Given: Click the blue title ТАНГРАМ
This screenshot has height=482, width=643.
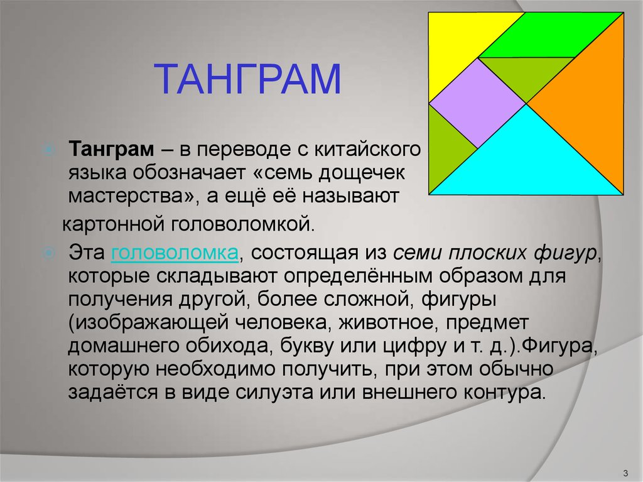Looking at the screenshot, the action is pos(247,79).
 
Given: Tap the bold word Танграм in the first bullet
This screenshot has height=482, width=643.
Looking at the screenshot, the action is pos(112,149).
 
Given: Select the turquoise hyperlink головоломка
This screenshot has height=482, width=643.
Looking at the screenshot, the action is pos(175,253).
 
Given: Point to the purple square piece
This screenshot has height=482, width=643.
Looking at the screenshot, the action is pos(478,103).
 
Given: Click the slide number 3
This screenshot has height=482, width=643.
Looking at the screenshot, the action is pos(625,473).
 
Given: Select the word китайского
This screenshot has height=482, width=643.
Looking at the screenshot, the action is pos(367,150).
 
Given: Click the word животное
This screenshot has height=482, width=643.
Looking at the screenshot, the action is pos(386,322).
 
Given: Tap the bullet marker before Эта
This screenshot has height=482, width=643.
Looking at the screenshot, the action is pos(49,253).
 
